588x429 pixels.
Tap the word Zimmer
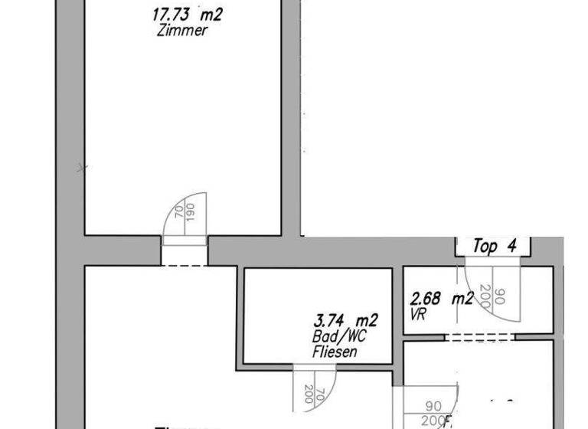point(181,31)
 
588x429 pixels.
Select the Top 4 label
point(495,247)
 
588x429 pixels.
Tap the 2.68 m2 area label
point(442,299)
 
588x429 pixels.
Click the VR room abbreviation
point(418,313)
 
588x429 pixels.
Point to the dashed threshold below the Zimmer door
point(184,266)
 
